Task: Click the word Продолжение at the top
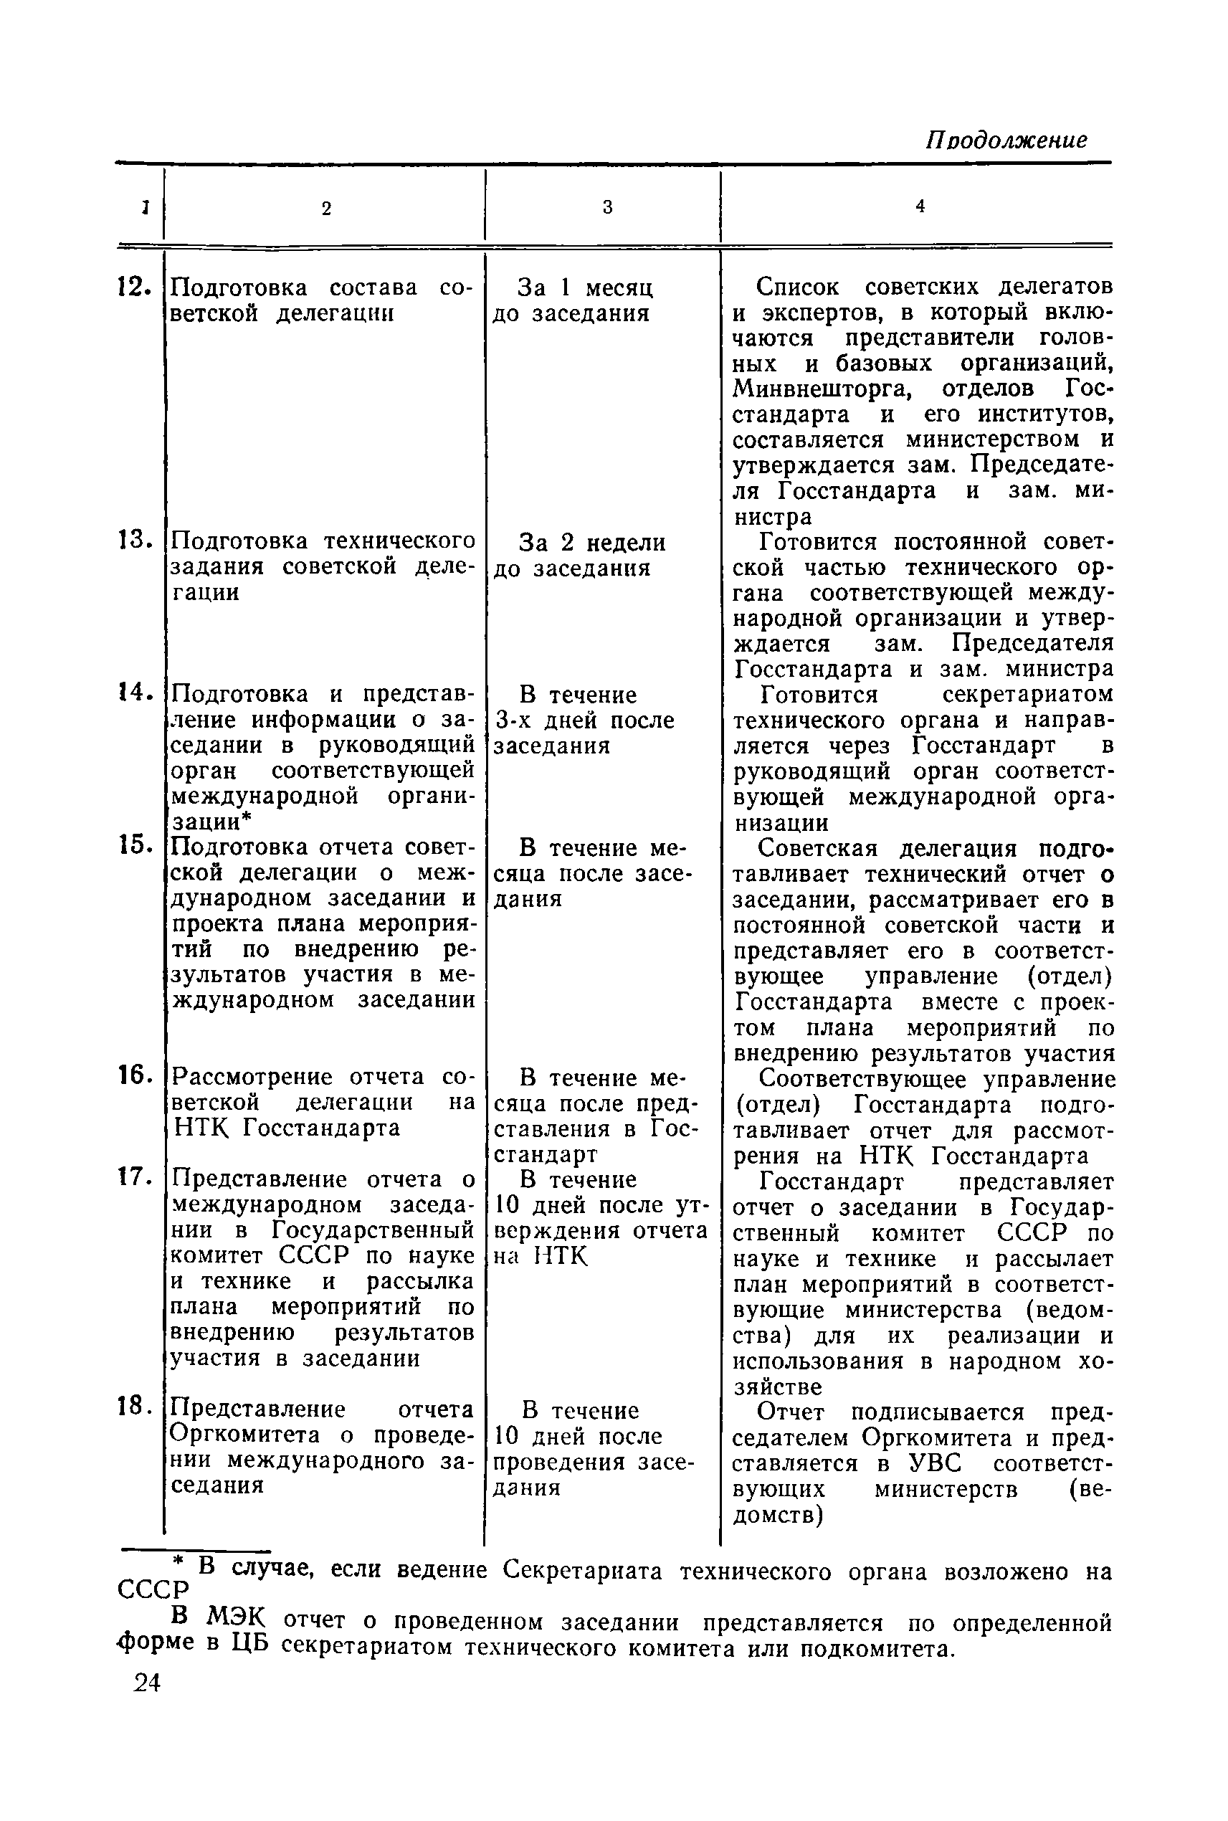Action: pos(1006,141)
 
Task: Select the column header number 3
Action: pos(607,208)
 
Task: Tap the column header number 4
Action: pos(920,206)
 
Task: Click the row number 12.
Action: pos(133,288)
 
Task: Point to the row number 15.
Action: pos(134,845)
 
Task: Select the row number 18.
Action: pos(134,1407)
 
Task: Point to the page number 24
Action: pos(146,1683)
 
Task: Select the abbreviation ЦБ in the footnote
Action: pos(249,1643)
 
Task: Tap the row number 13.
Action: pos(133,541)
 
